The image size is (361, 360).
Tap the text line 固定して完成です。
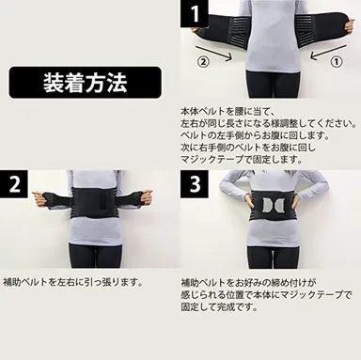point(215,306)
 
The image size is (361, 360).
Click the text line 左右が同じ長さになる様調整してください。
point(267,122)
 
